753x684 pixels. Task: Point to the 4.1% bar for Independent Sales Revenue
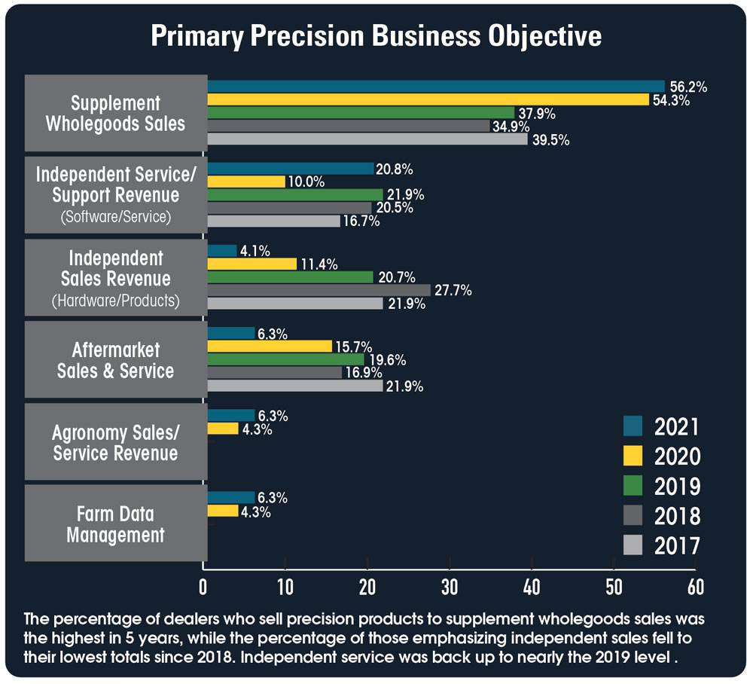click(221, 250)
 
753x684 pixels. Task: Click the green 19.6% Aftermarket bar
click(285, 359)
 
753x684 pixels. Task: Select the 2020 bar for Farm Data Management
click(222, 511)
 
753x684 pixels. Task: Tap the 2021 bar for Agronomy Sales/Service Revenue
click(230, 415)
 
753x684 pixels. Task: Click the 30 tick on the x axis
click(450, 586)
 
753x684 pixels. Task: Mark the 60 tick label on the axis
click(695, 586)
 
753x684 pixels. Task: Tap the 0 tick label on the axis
click(203, 586)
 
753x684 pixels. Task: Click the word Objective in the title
click(538, 36)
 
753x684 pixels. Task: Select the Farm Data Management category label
click(115, 525)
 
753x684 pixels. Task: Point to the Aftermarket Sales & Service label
click(115, 360)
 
